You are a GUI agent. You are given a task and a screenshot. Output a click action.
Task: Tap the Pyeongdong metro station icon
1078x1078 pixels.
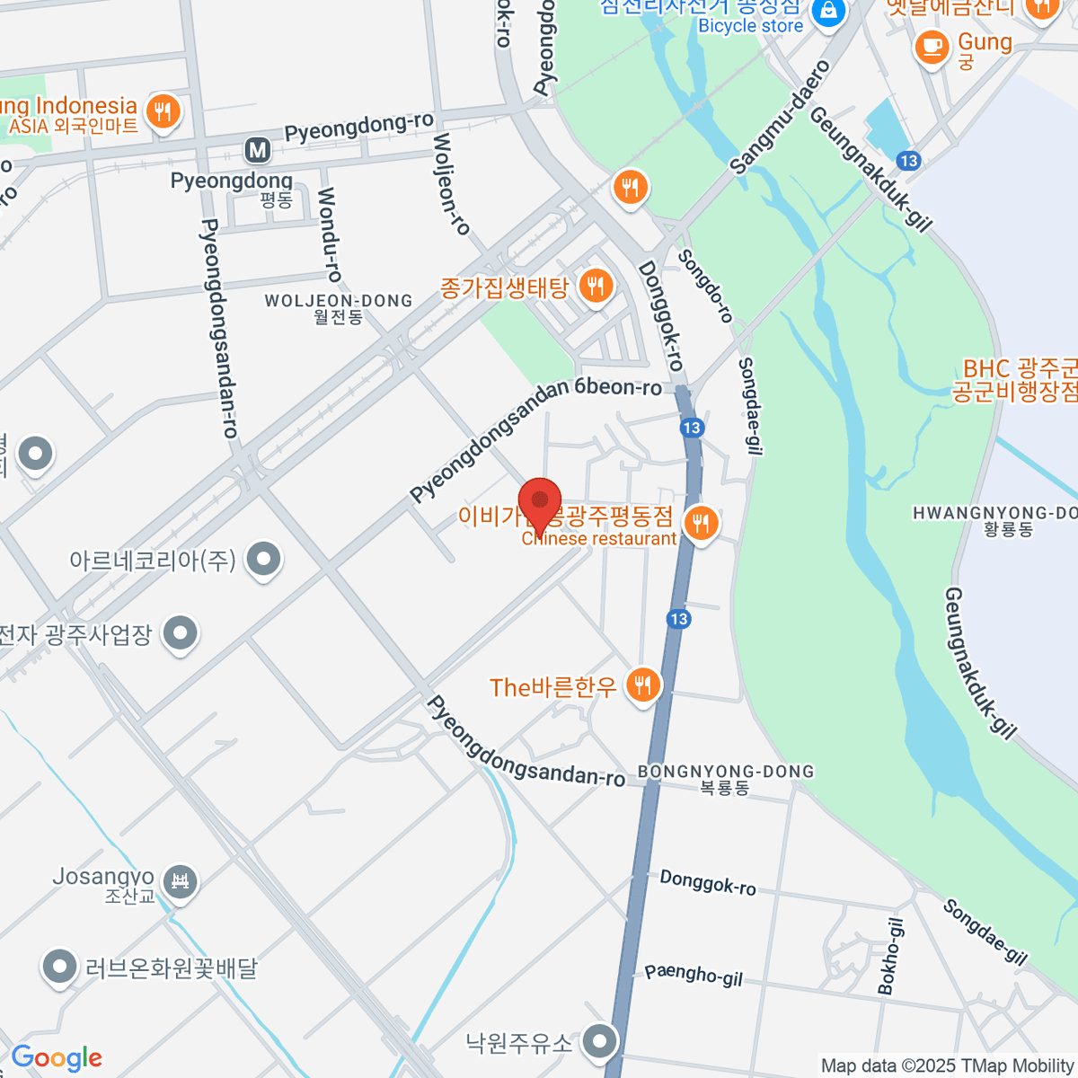tap(258, 150)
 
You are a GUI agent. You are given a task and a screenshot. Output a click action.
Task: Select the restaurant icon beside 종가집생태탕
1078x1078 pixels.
tap(595, 287)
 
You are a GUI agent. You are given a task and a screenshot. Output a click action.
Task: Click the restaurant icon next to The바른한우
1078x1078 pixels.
tap(642, 686)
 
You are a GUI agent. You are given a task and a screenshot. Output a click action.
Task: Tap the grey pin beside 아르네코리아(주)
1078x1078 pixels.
tap(263, 559)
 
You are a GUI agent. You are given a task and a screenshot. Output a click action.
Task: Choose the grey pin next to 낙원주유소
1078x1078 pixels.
tap(599, 1042)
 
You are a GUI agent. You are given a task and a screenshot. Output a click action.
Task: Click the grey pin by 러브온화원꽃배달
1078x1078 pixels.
tap(59, 967)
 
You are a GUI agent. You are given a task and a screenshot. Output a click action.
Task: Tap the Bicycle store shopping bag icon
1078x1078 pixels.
tap(827, 12)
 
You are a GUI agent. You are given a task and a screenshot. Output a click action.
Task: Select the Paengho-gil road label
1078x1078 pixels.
tap(694, 975)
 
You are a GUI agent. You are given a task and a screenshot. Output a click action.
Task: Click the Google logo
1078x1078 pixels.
tap(57, 1058)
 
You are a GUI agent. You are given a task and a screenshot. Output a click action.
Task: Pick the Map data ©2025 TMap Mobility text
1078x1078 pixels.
tap(947, 1066)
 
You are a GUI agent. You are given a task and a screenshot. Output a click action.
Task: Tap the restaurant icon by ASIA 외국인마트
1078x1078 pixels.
tap(163, 112)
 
